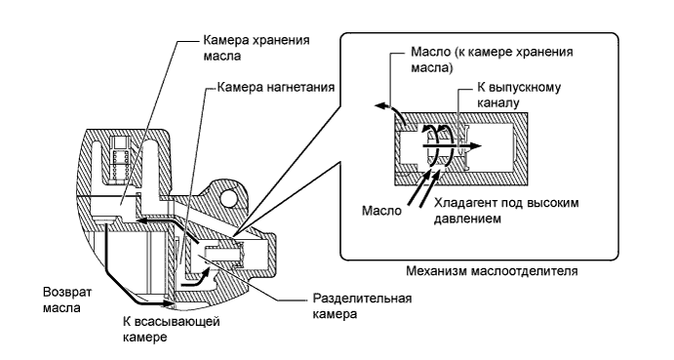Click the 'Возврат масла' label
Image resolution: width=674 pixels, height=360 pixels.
(58, 300)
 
